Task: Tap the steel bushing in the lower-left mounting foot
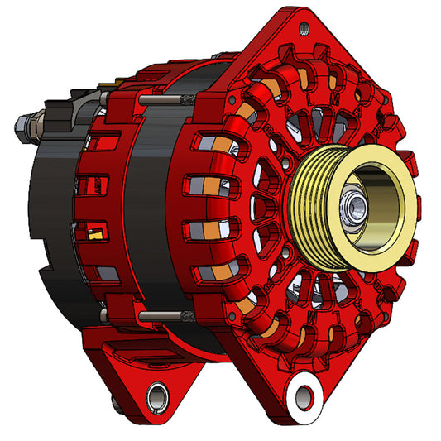tap(156, 392)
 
